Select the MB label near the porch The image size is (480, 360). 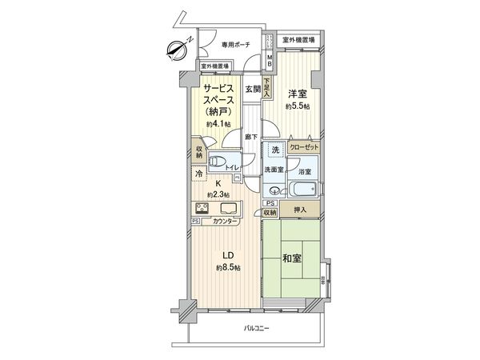pyautogui.click(x=270, y=61)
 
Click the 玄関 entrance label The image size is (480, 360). pyautogui.click(x=252, y=89)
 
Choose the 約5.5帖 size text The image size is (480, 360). pyautogui.click(x=299, y=106)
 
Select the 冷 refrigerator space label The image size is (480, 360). pyautogui.click(x=197, y=173)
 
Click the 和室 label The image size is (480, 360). pyautogui.click(x=292, y=258)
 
